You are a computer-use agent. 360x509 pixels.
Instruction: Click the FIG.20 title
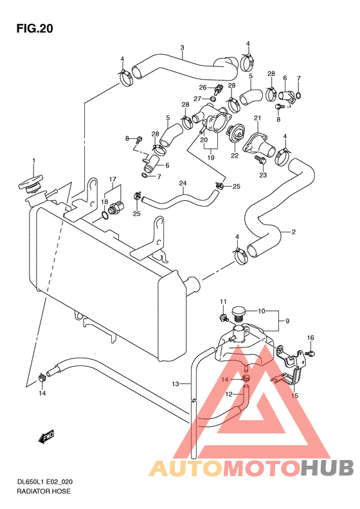pos(35,28)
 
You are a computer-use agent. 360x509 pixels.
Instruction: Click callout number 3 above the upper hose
pos(183,48)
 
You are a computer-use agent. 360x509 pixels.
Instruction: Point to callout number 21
pos(257,118)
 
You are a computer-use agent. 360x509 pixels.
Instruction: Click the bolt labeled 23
pos(260,159)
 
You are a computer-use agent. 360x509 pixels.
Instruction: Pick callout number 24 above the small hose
pos(183,183)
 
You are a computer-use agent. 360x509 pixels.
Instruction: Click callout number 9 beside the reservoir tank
pos(287,321)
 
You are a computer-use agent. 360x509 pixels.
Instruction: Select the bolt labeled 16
pos(310,353)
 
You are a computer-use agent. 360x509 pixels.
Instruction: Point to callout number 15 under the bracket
pos(294,396)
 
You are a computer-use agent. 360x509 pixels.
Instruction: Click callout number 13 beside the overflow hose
pos(175,384)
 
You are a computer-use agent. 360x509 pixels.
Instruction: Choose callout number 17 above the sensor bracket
pos(113,179)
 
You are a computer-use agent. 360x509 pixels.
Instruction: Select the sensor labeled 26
pos(217,89)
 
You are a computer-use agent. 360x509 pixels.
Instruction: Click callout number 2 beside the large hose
pos(294,232)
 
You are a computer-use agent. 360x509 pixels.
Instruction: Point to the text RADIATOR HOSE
pos(44,491)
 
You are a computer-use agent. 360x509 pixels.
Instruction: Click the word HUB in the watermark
pos(327,468)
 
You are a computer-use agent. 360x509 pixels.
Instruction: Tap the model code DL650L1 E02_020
pos(44,482)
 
